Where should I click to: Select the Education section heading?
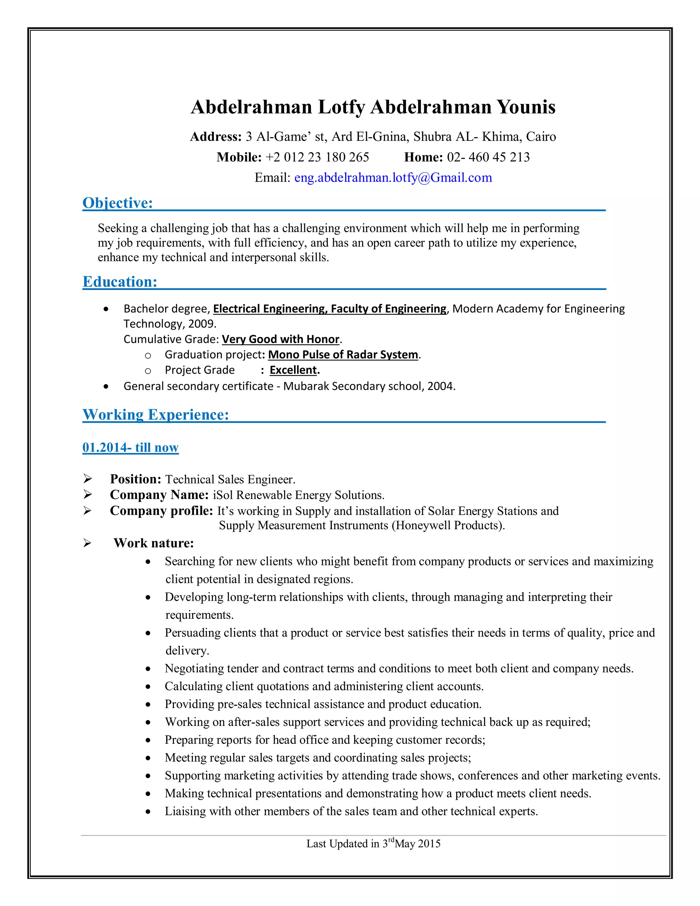[x=120, y=282]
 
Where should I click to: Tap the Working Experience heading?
[x=156, y=414]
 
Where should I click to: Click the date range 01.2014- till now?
[x=130, y=447]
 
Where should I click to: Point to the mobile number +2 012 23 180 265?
[x=317, y=157]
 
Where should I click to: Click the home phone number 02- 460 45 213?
[x=488, y=157]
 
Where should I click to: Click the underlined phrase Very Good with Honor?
[x=281, y=339]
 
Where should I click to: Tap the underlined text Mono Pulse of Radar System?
[x=343, y=355]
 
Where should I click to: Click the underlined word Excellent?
[x=293, y=370]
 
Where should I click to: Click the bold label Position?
[x=135, y=479]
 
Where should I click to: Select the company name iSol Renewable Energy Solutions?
[x=298, y=495]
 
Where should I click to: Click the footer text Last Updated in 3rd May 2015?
[x=373, y=843]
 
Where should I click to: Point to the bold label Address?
[x=216, y=136]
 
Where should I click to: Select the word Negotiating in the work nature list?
[x=194, y=668]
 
